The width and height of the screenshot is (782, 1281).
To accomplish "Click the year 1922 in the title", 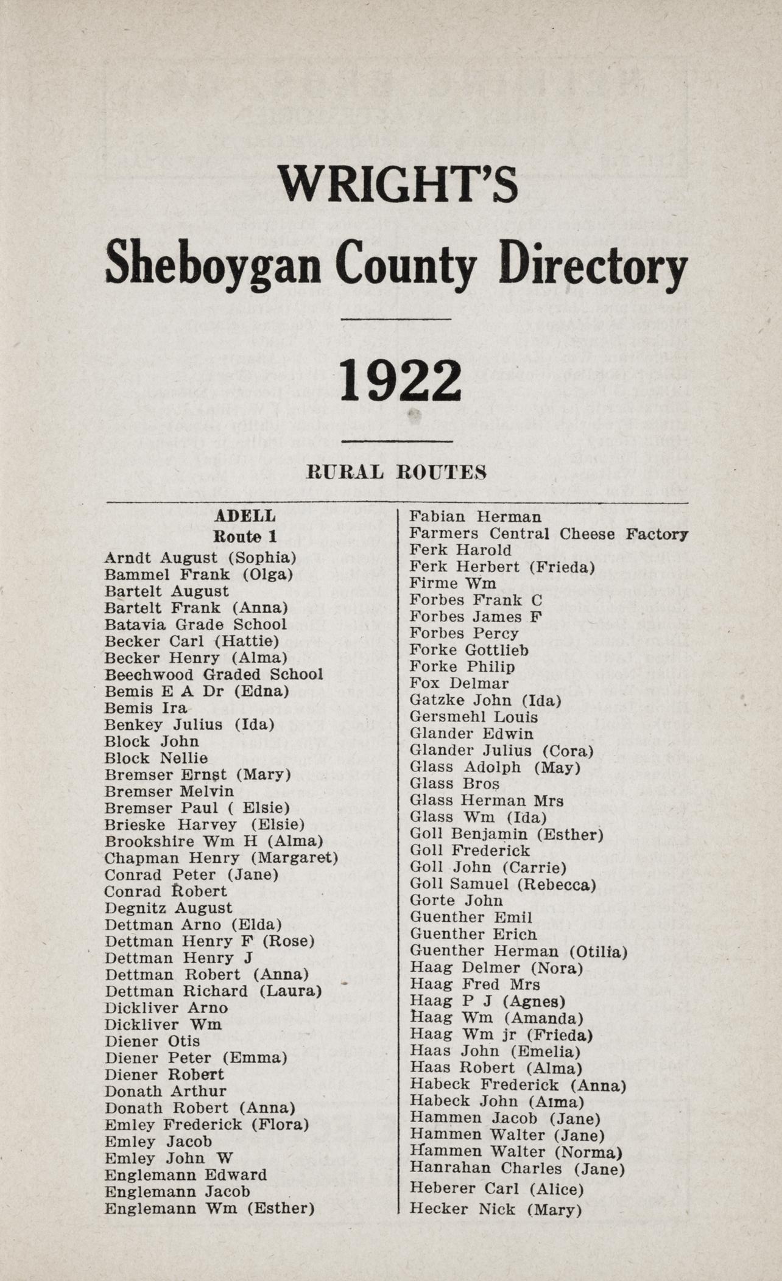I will (400, 381).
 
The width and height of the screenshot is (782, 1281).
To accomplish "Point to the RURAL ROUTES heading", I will (396, 472).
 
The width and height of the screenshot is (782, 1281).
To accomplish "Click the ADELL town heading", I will (245, 516).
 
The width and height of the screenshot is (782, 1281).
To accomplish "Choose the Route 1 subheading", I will (245, 536).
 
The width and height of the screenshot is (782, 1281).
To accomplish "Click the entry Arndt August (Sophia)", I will (200, 558).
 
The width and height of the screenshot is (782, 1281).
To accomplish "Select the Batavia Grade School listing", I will (195, 625).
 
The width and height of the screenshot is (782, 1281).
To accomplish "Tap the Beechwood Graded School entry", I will (213, 675).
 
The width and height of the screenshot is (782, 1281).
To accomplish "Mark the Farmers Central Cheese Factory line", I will (548, 534).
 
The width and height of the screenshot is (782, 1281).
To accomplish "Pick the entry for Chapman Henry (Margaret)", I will (221, 858).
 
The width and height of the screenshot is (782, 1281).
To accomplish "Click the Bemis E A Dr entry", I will (196, 692).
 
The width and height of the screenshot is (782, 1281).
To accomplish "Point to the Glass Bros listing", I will (454, 784).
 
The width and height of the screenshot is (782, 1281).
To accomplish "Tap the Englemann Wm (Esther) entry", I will (209, 1209).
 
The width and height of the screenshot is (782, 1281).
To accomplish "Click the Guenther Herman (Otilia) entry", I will (518, 951).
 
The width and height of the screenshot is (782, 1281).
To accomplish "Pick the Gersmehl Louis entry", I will (473, 717).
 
